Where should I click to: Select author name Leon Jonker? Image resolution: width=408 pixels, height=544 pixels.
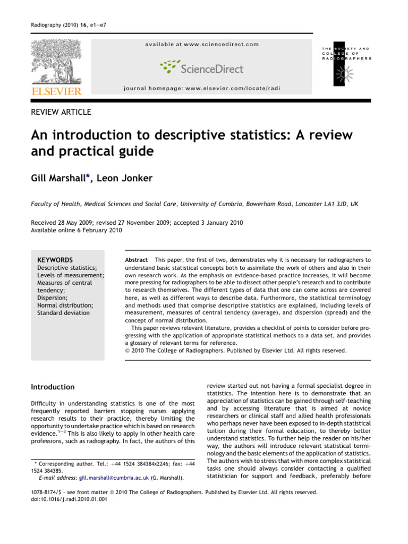coord(126,177)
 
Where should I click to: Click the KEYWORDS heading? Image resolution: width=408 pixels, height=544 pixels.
coord(55,260)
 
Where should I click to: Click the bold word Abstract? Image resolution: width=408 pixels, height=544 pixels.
coord(136,260)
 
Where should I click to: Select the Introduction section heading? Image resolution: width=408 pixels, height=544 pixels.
coord(53,387)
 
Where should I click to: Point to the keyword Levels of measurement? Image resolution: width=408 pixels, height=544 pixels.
coord(70,276)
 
